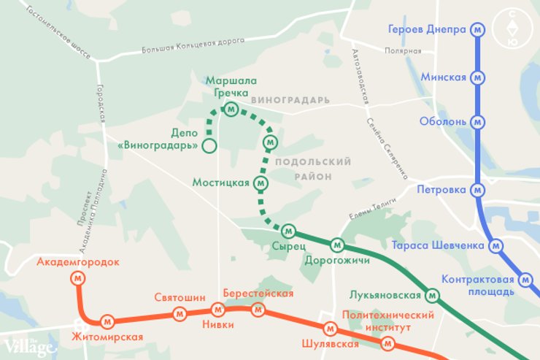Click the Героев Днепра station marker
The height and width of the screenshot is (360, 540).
(478, 30)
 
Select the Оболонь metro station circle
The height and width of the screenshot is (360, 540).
(478, 121)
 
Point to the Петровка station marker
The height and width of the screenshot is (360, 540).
(478, 191)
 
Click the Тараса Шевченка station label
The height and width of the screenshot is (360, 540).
(437, 245)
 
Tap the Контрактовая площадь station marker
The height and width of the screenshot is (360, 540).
(525, 280)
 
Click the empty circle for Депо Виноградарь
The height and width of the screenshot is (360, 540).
(209, 146)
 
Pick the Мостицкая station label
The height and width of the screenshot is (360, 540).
(221, 183)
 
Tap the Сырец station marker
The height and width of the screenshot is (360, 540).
(288, 231)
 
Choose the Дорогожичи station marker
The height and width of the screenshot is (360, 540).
(337, 245)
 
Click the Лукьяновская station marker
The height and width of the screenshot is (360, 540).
(432, 296)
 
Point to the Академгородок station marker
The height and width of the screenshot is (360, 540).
(77, 277)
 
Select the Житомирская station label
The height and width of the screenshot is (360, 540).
(107, 337)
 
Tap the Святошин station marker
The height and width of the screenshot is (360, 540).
(180, 313)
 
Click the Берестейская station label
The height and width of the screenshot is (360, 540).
(258, 294)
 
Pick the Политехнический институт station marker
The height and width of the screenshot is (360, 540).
(388, 343)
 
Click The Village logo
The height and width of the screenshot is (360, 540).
(29, 346)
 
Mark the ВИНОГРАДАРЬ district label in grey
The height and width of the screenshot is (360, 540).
(290, 99)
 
